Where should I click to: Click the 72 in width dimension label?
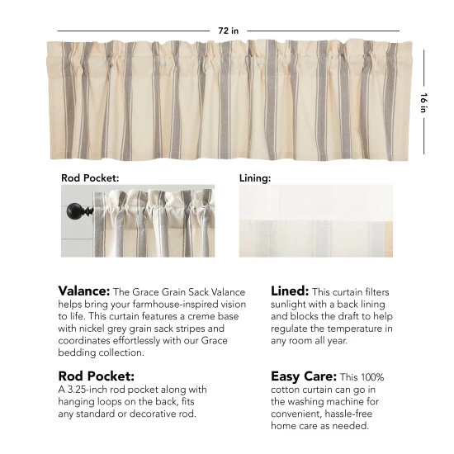(x=228, y=31)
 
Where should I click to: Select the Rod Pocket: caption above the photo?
(x=90, y=177)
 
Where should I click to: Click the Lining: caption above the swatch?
(x=255, y=177)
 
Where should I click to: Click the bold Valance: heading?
(x=83, y=291)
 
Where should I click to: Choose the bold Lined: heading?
(x=290, y=291)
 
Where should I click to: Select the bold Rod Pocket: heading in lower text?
(x=94, y=376)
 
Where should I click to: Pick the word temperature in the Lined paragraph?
(x=351, y=329)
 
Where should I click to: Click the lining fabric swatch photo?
(x=316, y=221)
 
